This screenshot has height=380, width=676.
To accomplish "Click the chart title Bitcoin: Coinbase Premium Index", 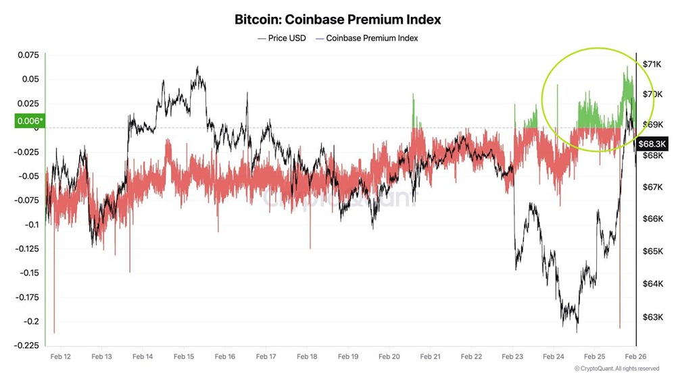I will pos(337,20).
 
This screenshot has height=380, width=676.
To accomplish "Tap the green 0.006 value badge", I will pos(28,121).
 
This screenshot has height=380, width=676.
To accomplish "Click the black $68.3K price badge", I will pos(652,144).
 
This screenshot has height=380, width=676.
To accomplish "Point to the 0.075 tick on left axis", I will pos(27,55).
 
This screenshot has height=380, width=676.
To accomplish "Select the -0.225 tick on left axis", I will pos(26,346).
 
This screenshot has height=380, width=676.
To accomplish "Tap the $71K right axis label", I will pos(652,64).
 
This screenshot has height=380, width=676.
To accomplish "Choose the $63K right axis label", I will pos(652,317).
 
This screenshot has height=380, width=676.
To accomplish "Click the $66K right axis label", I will pos(652,219).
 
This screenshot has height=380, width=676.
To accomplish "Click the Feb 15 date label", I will pos(184,356).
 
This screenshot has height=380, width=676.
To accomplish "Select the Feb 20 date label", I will pos(389,356).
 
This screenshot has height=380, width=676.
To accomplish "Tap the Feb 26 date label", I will pos(635,356).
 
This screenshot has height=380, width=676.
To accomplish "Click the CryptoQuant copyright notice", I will pos(617,369).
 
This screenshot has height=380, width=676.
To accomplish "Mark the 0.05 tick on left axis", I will pos(30,79).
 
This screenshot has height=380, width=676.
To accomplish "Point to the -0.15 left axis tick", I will pos(28,273).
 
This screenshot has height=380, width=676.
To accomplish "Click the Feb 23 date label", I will pos(512,356).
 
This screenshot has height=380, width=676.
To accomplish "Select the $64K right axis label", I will pos(652,284).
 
